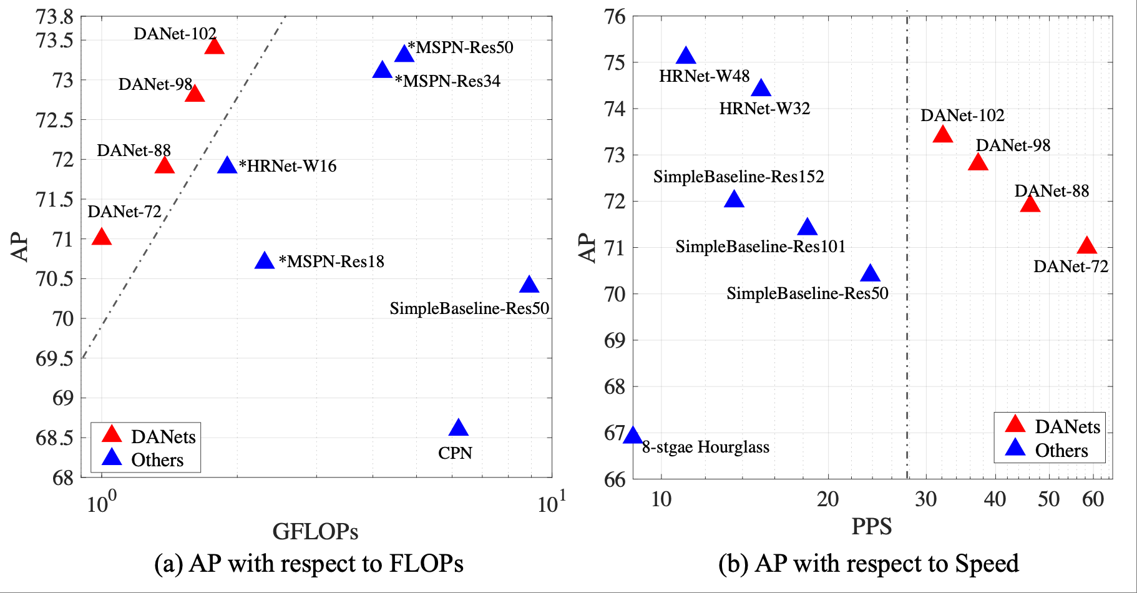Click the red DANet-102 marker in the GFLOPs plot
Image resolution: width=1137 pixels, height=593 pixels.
coord(214,47)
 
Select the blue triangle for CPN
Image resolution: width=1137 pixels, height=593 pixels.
coord(459,428)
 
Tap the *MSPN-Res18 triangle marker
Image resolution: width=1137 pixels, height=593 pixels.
coord(265,261)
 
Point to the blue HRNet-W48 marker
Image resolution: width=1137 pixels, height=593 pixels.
coord(686,56)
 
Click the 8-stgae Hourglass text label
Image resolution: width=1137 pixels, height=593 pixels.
coord(705,447)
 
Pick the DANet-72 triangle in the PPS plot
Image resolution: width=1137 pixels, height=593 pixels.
coord(1086,245)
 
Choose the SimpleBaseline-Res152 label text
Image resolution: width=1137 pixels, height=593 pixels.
coord(738,177)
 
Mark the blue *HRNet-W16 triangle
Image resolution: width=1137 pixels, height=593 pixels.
coord(227,165)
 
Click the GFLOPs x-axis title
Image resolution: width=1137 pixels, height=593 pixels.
coord(315,531)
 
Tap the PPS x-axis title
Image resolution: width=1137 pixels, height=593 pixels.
coord(871,526)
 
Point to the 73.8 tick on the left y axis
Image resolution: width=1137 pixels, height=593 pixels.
coord(54,17)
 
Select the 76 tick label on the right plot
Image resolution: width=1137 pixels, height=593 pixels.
coord(615,17)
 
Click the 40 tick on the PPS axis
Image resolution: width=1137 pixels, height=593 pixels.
coord(995,499)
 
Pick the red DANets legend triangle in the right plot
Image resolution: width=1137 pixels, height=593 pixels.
coord(1015,424)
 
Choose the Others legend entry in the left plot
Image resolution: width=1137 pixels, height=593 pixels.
coord(157,460)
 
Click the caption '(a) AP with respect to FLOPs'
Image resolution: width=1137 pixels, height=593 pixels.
coord(308,563)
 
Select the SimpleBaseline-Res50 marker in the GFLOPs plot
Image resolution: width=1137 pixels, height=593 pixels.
coord(529,285)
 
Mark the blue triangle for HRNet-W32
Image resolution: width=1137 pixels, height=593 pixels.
coord(761,89)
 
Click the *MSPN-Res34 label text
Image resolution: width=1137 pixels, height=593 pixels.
coord(447,81)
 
